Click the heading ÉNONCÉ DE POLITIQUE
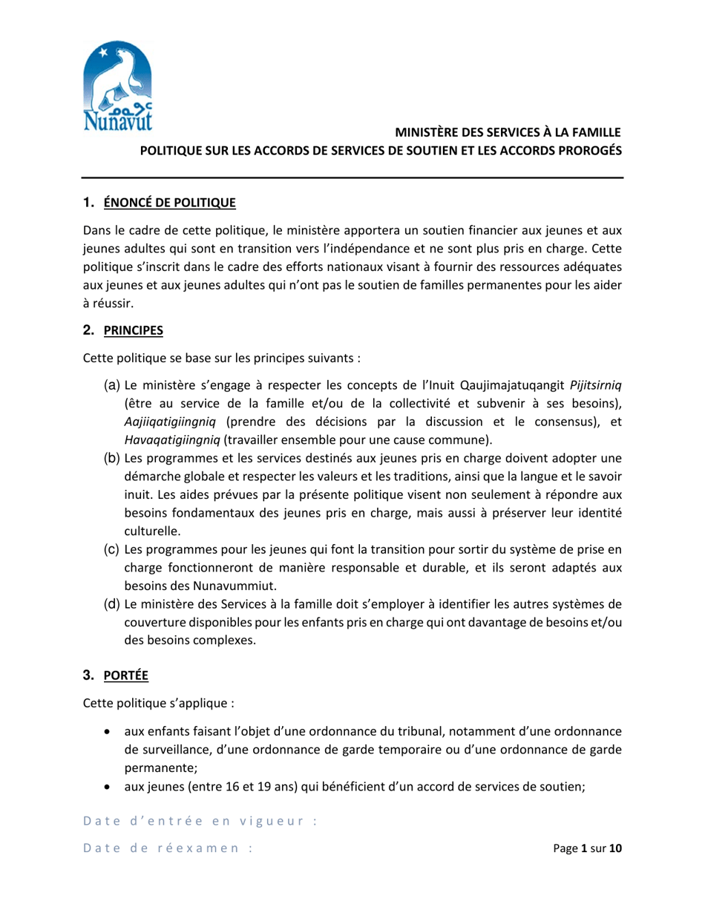click(169, 202)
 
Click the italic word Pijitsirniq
click(595, 384)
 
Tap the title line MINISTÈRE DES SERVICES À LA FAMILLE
click(507, 133)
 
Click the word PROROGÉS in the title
click(587, 149)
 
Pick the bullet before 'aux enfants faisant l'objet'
click(110, 733)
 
